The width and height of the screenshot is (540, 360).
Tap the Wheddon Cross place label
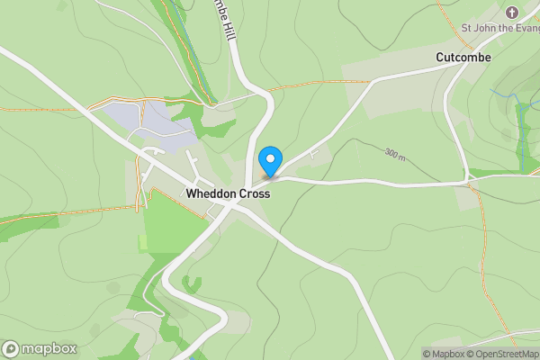(x=228, y=193)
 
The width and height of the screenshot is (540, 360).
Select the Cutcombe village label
(x=463, y=56)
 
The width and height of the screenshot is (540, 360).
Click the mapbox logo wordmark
(x=49, y=348)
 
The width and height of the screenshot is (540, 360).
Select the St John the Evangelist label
(x=500, y=27)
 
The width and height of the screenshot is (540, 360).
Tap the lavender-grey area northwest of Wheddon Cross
(x=148, y=124)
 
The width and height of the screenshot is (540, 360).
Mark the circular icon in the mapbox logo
(x=12, y=348)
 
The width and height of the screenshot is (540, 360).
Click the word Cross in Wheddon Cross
(x=253, y=193)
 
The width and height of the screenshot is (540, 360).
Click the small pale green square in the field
(x=142, y=242)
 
